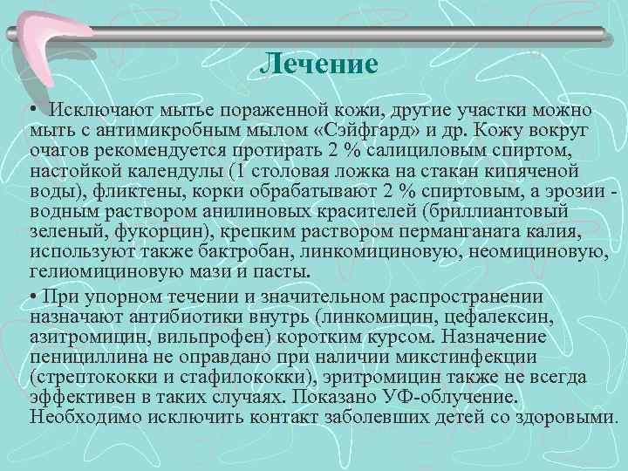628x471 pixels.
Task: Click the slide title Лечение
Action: [319, 64]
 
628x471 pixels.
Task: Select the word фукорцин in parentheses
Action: [124, 233]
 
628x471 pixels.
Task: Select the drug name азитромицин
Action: [85, 338]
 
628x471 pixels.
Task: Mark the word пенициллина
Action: [92, 357]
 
